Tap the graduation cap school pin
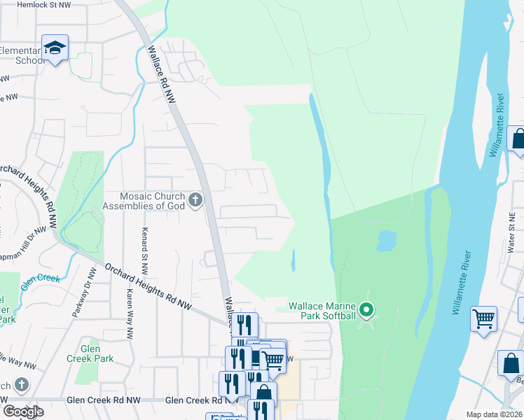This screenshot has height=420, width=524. tap(55, 48)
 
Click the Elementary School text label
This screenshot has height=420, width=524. tap(22, 55)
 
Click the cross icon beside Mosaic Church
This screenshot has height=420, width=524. tap(195, 201)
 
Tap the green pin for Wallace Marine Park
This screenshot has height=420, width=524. tap(366, 309)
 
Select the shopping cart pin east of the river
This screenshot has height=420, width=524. tap(483, 320)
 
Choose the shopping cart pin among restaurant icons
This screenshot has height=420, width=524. tap(273, 360)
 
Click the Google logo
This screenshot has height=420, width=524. tap(23, 412)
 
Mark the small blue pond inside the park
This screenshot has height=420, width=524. tap(386, 241)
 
